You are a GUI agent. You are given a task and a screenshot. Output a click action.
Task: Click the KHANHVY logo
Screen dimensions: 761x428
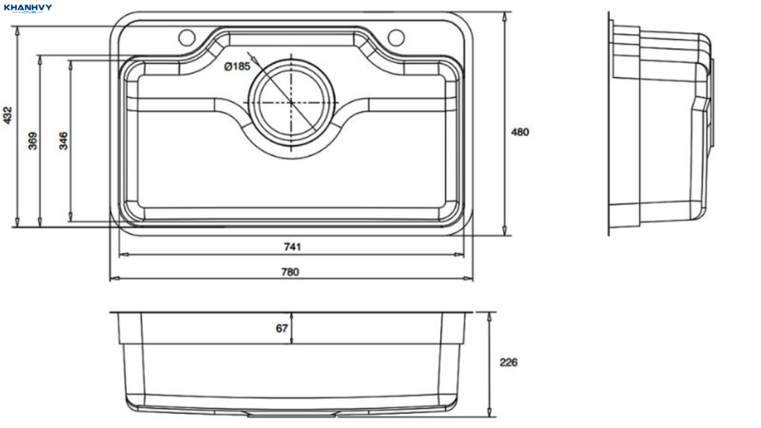27,8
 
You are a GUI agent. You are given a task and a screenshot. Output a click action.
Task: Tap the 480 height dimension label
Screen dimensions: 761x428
519,132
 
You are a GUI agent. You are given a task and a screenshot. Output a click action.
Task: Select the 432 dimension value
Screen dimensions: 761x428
7,115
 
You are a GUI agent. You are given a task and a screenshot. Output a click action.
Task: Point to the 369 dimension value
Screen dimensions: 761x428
33,140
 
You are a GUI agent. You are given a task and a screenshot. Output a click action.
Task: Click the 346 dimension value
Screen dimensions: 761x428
64,140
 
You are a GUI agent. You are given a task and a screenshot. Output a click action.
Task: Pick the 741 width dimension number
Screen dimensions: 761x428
292,247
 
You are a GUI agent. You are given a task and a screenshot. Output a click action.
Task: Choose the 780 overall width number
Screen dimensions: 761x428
291,272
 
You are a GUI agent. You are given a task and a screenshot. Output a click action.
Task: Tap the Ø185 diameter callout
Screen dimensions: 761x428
237,66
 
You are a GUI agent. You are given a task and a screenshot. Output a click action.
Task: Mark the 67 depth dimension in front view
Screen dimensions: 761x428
282,328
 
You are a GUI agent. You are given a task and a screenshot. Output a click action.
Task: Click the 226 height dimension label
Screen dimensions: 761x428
508,363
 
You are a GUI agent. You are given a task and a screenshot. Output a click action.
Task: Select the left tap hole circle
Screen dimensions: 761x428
187,37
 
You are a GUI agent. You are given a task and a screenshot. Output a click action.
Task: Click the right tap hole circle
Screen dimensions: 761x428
396,37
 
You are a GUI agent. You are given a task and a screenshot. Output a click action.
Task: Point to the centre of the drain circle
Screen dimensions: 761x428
291,103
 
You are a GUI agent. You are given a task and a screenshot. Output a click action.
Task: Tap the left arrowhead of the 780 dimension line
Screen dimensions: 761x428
114,279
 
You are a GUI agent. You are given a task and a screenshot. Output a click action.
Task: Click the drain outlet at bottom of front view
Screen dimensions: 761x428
291,415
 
